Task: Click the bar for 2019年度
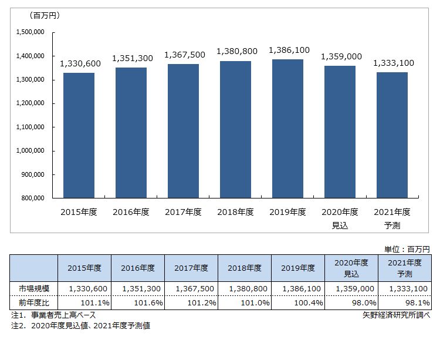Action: (287, 129)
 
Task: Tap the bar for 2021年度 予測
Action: (392, 135)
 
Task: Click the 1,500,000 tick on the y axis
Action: (33, 32)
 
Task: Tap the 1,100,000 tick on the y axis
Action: (33, 127)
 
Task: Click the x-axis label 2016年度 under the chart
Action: (131, 212)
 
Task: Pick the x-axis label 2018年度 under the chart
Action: (235, 212)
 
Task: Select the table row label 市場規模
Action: (27, 289)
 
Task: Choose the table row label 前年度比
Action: (27, 302)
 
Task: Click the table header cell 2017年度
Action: (191, 268)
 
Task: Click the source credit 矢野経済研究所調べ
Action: (397, 315)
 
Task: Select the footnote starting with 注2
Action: (80, 325)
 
